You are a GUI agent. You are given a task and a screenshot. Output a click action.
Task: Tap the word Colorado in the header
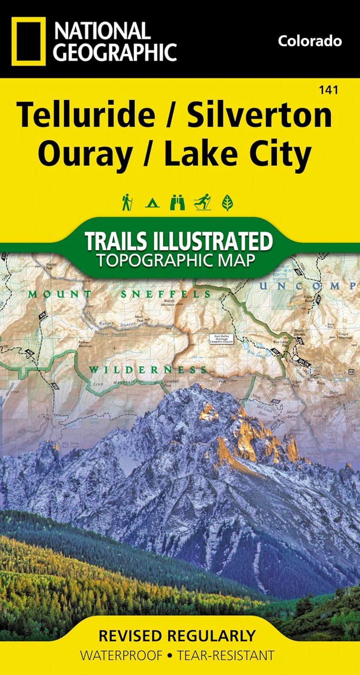coord(310,41)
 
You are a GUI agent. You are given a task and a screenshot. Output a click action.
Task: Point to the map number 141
coord(329,90)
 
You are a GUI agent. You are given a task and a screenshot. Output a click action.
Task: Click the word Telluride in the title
coord(85,115)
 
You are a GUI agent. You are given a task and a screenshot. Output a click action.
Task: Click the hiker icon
coord(127,202)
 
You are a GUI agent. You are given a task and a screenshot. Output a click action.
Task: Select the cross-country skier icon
coord(202,202)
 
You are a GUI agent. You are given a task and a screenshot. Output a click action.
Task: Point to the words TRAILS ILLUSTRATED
coord(179,242)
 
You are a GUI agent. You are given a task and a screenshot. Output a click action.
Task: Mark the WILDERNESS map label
coord(144,370)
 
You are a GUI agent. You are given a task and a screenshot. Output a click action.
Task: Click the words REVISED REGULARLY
coord(176,636)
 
